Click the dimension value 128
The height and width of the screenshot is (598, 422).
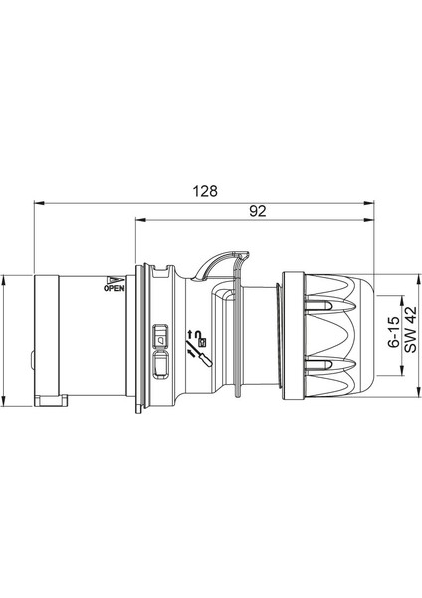point(205,190)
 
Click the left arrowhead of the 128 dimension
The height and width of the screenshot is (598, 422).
point(39,201)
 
